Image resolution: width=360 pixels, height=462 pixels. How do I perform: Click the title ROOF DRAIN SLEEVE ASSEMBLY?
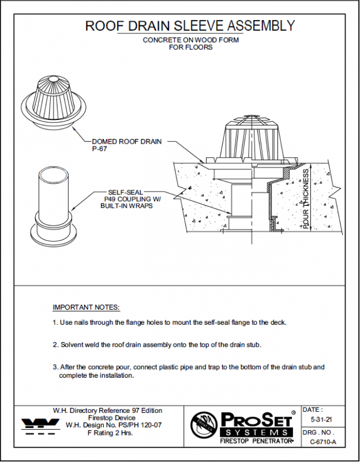190,26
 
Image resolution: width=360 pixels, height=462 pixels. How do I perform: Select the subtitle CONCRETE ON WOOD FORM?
190,40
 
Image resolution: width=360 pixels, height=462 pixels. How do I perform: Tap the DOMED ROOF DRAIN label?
126,141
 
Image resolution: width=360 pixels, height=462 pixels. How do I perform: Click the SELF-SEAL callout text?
126,192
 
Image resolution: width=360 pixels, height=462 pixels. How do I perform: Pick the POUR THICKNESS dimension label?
306,198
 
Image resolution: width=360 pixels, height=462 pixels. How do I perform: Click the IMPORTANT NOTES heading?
86,307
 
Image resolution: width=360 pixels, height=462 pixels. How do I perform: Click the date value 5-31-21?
321,420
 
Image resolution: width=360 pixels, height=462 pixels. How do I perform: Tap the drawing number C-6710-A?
322,442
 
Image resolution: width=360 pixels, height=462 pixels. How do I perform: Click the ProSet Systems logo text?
258,423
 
